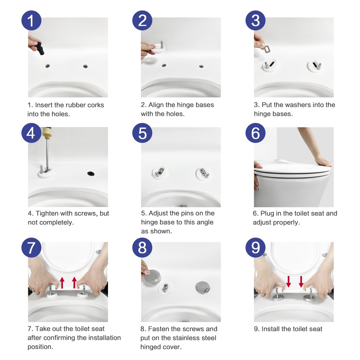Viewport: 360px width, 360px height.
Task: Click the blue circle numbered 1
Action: [31, 20]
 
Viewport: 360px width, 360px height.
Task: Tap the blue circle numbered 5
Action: [142, 133]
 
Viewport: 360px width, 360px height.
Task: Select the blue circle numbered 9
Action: [255, 248]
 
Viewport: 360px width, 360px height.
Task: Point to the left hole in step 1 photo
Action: [47, 66]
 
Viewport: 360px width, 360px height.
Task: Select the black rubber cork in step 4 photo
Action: [91, 174]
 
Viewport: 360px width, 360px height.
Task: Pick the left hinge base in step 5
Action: [159, 172]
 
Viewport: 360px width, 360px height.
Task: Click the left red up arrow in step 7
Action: [62, 283]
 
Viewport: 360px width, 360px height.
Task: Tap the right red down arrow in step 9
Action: [301, 282]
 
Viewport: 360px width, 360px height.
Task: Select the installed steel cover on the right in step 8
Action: [202, 287]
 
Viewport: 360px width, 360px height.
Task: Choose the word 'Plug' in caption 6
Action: [267, 213]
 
